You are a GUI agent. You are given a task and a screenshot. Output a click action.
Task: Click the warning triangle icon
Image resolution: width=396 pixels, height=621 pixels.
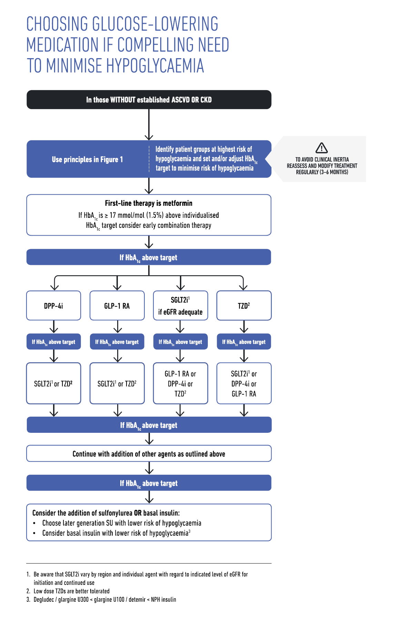coord(322,148)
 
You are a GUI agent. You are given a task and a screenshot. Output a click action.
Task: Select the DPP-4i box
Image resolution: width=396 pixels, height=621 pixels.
coord(54,306)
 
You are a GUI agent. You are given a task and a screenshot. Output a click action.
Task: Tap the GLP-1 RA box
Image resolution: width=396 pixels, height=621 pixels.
coord(117,306)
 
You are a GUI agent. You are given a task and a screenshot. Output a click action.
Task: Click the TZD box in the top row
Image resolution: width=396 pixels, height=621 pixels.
coord(244,306)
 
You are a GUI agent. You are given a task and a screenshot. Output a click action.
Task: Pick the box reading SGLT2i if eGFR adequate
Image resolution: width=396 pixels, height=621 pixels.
coord(180,306)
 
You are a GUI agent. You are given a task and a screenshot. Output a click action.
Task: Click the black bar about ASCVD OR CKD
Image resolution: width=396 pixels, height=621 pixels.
coord(149,100)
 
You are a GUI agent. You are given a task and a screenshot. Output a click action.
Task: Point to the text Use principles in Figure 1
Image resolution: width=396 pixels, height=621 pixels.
coord(87,160)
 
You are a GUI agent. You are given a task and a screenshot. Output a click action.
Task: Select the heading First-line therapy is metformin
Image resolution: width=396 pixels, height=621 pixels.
coord(149,203)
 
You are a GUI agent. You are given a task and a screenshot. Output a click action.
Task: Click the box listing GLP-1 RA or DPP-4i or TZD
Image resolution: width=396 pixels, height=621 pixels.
coord(180,383)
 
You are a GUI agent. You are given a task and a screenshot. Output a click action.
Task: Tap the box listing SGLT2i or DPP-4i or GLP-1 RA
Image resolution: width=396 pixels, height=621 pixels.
coord(244,383)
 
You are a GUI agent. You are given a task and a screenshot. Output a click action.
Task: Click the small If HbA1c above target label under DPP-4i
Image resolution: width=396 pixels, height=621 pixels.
coord(54,342)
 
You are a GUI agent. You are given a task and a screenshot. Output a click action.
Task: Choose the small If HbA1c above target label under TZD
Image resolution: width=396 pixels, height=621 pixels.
coord(244,342)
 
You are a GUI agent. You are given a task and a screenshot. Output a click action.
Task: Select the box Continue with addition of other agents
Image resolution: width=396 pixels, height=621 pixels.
coord(149,454)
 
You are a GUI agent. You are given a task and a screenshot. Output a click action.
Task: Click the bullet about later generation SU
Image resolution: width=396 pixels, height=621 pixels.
coord(121,523)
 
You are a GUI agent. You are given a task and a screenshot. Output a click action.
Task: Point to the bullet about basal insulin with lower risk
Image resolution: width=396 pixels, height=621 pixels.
coord(116,533)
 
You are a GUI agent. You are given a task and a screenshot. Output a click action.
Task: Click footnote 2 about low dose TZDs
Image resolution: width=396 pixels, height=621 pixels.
coord(71,591)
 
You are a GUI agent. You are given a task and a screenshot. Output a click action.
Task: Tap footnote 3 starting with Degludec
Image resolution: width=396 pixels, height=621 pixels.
coord(104,599)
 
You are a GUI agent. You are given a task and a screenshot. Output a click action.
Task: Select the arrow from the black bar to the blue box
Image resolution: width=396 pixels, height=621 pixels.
coord(149,125)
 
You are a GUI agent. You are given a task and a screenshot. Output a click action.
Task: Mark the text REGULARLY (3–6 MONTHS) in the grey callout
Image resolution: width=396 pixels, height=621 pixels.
coord(322,172)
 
